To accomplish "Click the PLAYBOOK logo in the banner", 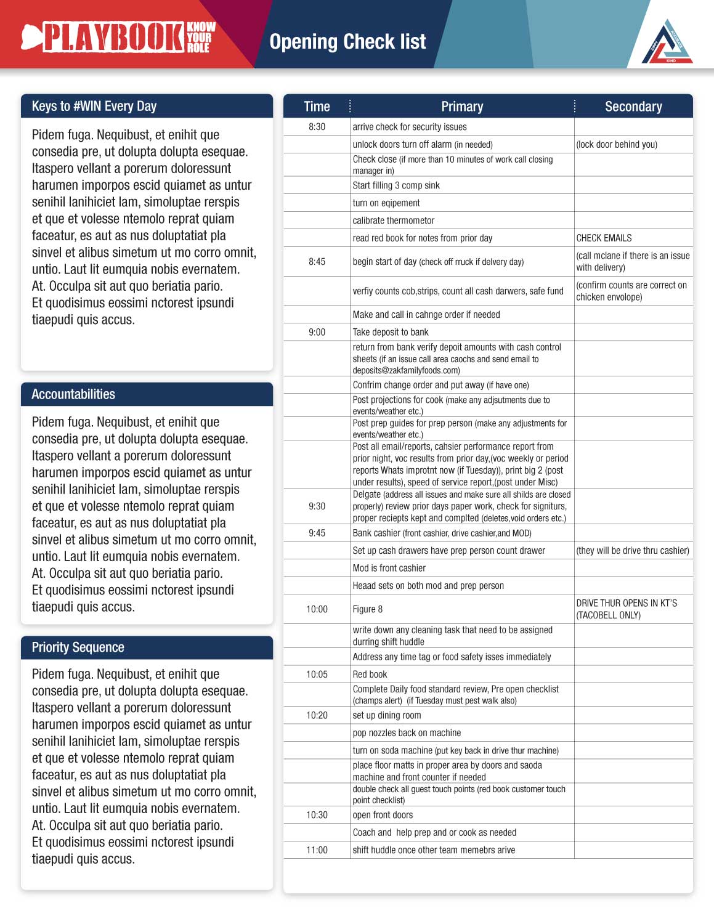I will (119, 37).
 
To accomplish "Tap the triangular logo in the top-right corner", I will (667, 43).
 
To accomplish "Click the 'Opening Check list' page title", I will (347, 42).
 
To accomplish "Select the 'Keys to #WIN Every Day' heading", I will (94, 106).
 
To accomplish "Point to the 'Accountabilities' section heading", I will (73, 394).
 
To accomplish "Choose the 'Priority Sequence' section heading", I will (78, 647).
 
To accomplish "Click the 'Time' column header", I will (317, 107).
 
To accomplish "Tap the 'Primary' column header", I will (462, 107).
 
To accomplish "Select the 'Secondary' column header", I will (633, 107).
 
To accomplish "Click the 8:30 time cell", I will (317, 127).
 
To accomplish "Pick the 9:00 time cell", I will (317, 332).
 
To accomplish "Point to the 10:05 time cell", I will (317, 675).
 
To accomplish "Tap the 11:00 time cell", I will (317, 850).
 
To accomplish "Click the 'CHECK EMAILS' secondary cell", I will (604, 238).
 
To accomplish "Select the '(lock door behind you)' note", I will (617, 145).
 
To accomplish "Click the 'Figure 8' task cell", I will (368, 609).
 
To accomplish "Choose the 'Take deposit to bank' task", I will (391, 332).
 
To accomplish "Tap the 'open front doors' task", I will (383, 815).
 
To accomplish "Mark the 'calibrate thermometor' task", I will (394, 221).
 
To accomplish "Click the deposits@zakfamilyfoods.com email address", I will (407, 371).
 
